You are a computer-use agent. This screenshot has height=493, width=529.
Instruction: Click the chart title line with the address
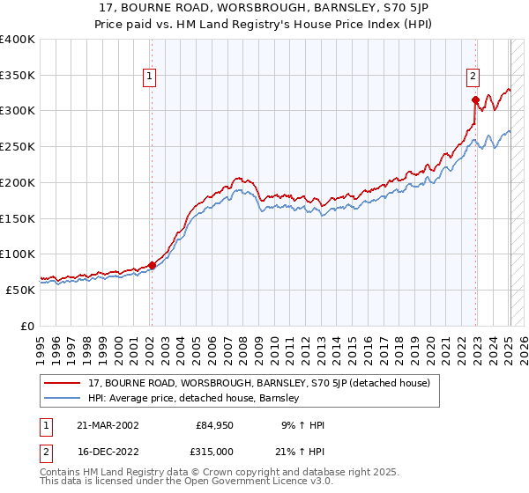pyautogui.click(x=264, y=8)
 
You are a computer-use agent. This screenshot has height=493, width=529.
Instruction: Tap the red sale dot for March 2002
pyautogui.click(x=152, y=264)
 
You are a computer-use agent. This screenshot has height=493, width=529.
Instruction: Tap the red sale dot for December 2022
pyautogui.click(x=475, y=99)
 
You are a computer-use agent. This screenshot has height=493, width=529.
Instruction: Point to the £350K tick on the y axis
pyautogui.click(x=18, y=76)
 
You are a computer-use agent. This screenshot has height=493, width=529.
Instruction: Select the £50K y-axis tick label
pyautogui.click(x=19, y=290)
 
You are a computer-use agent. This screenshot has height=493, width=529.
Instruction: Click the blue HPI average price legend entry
pyautogui.click(x=194, y=399)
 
